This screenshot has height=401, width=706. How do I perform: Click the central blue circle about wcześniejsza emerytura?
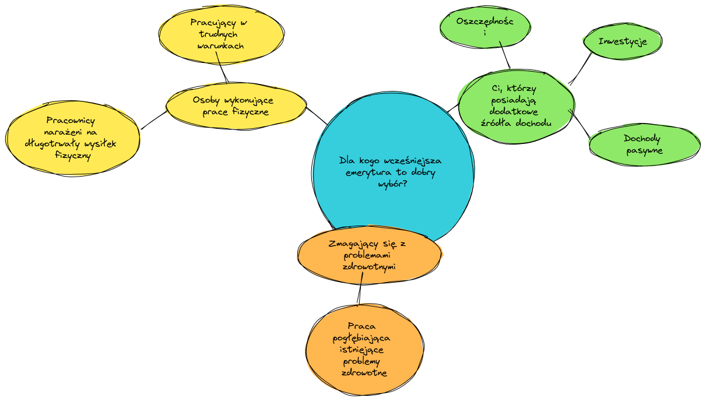tap(394, 198)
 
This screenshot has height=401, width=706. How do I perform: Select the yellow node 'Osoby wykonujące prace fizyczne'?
tap(236, 106)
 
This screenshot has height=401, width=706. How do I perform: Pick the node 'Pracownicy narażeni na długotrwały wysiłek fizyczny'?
tap(73, 138)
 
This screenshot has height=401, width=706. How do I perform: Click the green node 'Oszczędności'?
tap(485, 27)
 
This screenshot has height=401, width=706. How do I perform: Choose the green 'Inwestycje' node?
tap(622, 42)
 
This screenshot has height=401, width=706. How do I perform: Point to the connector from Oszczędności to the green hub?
tap(505, 55)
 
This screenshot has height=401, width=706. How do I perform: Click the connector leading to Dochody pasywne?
tap(579, 124)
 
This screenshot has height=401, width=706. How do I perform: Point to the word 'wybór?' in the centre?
tap(393, 184)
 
